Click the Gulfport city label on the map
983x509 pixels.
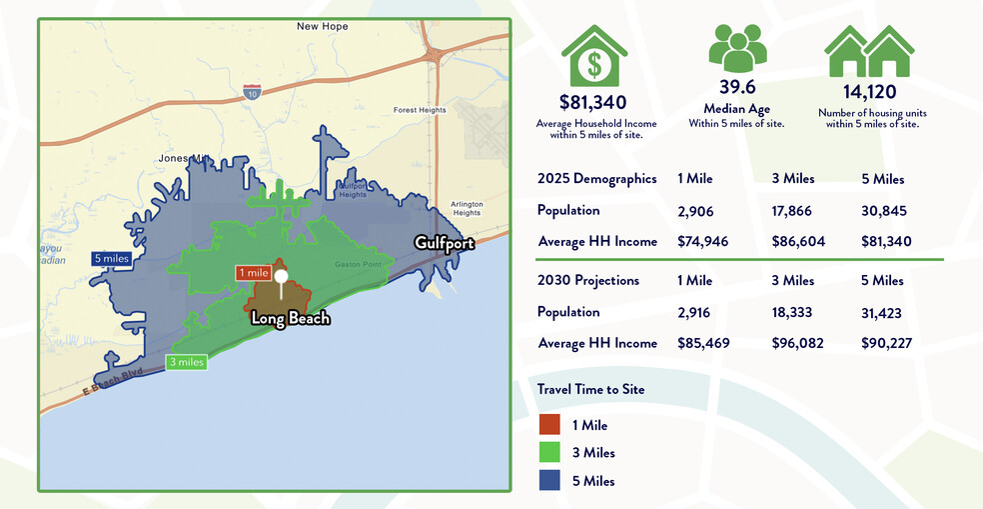445,243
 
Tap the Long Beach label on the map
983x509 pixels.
290,319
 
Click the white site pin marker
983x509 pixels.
282,278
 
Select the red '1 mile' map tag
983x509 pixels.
253,272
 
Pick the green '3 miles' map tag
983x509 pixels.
186,362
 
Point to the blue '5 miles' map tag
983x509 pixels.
111,258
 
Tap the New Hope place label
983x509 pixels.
322,26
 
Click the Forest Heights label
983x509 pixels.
419,110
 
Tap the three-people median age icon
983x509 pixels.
737,47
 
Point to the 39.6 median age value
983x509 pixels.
736,87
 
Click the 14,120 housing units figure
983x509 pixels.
867,92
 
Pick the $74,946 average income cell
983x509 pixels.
702,241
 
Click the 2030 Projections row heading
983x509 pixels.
588,280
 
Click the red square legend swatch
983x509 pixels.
548,424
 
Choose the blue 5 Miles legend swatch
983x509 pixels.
548,480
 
